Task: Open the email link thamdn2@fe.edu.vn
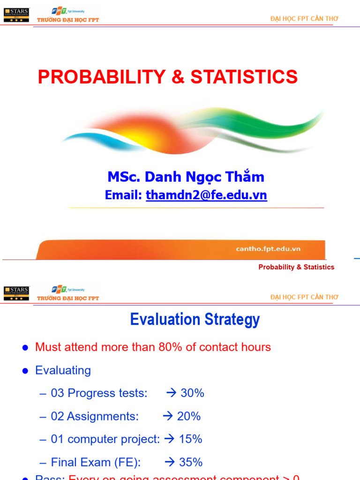tap(206, 195)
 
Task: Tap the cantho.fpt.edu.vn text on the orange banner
tap(268, 249)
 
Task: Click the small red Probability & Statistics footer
tap(296, 267)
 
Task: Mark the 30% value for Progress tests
tap(192, 393)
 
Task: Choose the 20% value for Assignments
tap(189, 416)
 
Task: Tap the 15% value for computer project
tap(190, 439)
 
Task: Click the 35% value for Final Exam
tap(191, 462)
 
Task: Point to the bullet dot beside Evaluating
tap(26, 371)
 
